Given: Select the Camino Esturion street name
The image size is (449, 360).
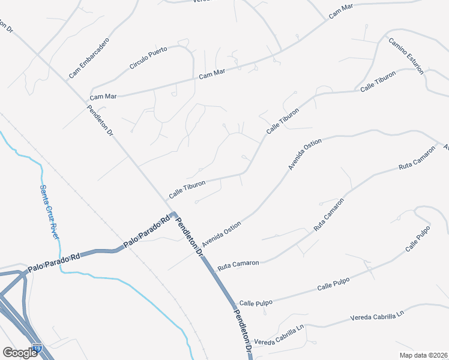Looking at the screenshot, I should coord(406,56).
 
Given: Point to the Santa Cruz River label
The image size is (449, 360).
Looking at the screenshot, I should coord(49,211).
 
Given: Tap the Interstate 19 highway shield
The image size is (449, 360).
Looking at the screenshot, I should coord(37,349).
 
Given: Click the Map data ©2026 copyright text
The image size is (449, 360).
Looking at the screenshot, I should coord(423,355).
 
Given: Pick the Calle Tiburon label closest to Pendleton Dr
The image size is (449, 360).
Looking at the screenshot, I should coord(187,189).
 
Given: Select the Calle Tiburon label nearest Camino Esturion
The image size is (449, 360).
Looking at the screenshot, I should coord(378,82).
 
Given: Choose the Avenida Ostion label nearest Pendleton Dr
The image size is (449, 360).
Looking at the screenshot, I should coord(221,234).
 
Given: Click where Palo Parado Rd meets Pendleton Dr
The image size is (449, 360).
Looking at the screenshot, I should coord(172,214).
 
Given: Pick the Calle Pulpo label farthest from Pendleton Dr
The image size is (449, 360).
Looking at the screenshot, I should coord(418,238).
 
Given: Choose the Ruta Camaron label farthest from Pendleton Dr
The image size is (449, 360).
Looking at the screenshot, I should coord(417,158).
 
